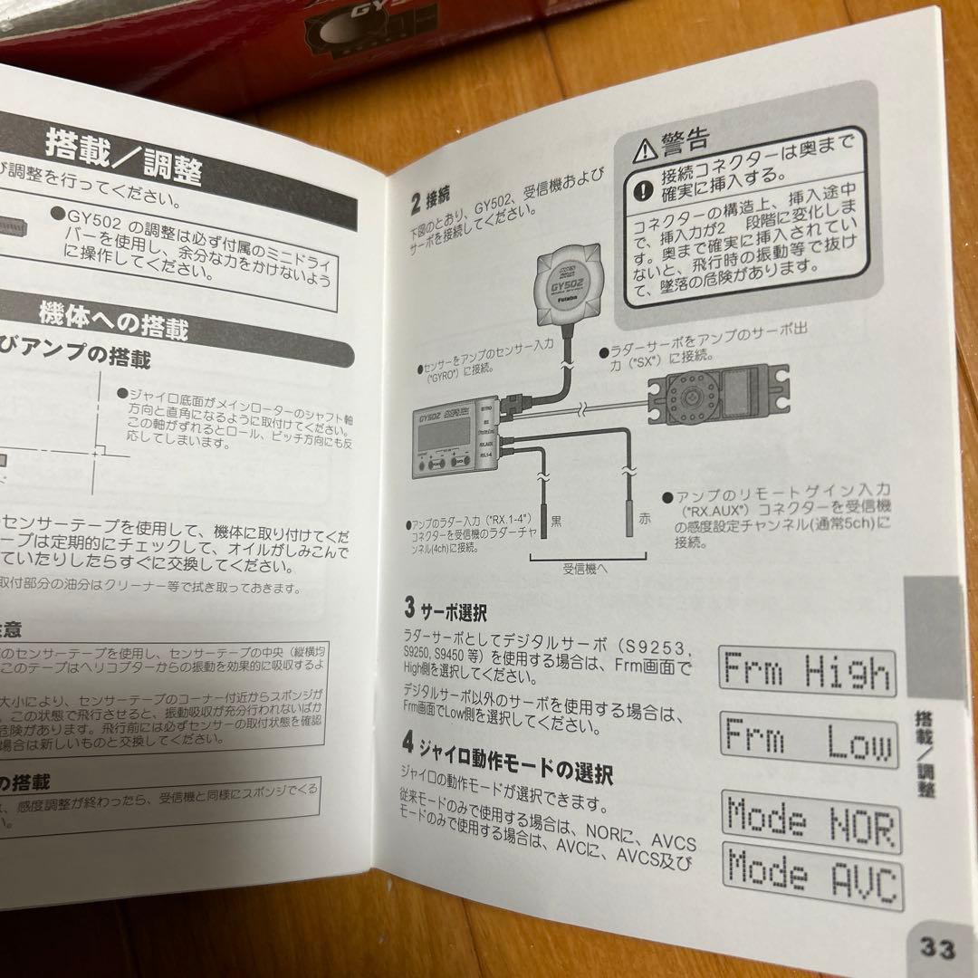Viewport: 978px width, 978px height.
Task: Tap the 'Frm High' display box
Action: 808,673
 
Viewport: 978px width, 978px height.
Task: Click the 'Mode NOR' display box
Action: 811,822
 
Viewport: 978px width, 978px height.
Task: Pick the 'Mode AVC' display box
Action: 813,875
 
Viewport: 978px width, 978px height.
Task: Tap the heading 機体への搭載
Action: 112,318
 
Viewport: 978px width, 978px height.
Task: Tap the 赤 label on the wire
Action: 644,517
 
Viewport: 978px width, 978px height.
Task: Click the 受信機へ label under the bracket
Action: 584,569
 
